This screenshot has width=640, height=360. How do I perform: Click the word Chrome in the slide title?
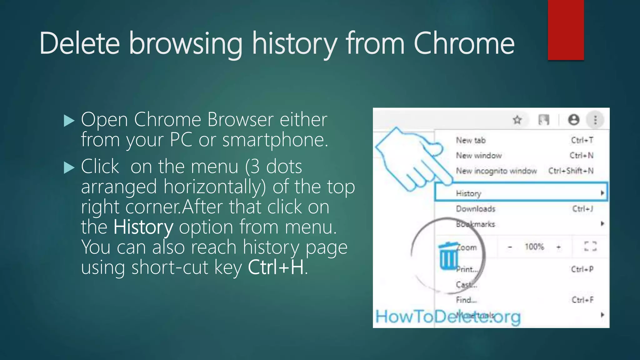464,44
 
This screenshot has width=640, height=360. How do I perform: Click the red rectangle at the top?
566,30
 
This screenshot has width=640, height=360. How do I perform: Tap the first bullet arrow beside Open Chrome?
69,121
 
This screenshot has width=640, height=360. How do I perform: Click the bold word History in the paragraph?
143,227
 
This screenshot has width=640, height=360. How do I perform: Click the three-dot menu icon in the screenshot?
595,120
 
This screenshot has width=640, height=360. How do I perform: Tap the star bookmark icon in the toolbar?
517,120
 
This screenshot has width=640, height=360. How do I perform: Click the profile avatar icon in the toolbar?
573,120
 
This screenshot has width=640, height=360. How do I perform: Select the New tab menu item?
471,140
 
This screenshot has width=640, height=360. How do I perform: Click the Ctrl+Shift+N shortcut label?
571,171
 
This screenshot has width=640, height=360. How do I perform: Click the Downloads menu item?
476,209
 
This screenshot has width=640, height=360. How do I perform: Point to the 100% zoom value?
534,247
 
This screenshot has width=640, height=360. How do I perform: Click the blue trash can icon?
448,256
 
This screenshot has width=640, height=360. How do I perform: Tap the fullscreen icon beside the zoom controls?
590,247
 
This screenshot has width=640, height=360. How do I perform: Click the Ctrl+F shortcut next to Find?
582,300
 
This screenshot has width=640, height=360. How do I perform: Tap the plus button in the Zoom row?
558,247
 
